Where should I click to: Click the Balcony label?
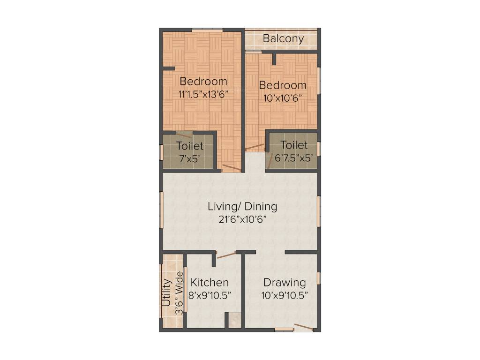click(283, 38)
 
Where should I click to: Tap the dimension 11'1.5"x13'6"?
click(203, 94)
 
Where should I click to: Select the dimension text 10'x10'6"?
click(283, 98)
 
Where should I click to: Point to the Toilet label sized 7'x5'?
click(190, 146)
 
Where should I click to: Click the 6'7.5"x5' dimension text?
click(294, 158)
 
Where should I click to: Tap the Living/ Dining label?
click(242, 206)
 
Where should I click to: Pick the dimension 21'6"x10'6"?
click(242, 219)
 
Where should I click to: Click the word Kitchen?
click(210, 283)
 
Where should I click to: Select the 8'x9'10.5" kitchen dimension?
click(210, 295)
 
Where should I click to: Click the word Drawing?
click(285, 283)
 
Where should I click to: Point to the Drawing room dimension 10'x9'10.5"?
click(285, 295)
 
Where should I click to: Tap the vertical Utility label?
click(166, 293)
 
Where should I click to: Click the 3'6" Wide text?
click(178, 295)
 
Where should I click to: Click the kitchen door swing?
click(226, 255)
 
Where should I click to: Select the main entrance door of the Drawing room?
click(303, 327)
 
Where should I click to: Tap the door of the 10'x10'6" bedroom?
click(255, 147)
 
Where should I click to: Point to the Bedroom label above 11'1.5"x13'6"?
click(203, 81)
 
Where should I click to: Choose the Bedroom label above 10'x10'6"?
click(283, 85)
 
